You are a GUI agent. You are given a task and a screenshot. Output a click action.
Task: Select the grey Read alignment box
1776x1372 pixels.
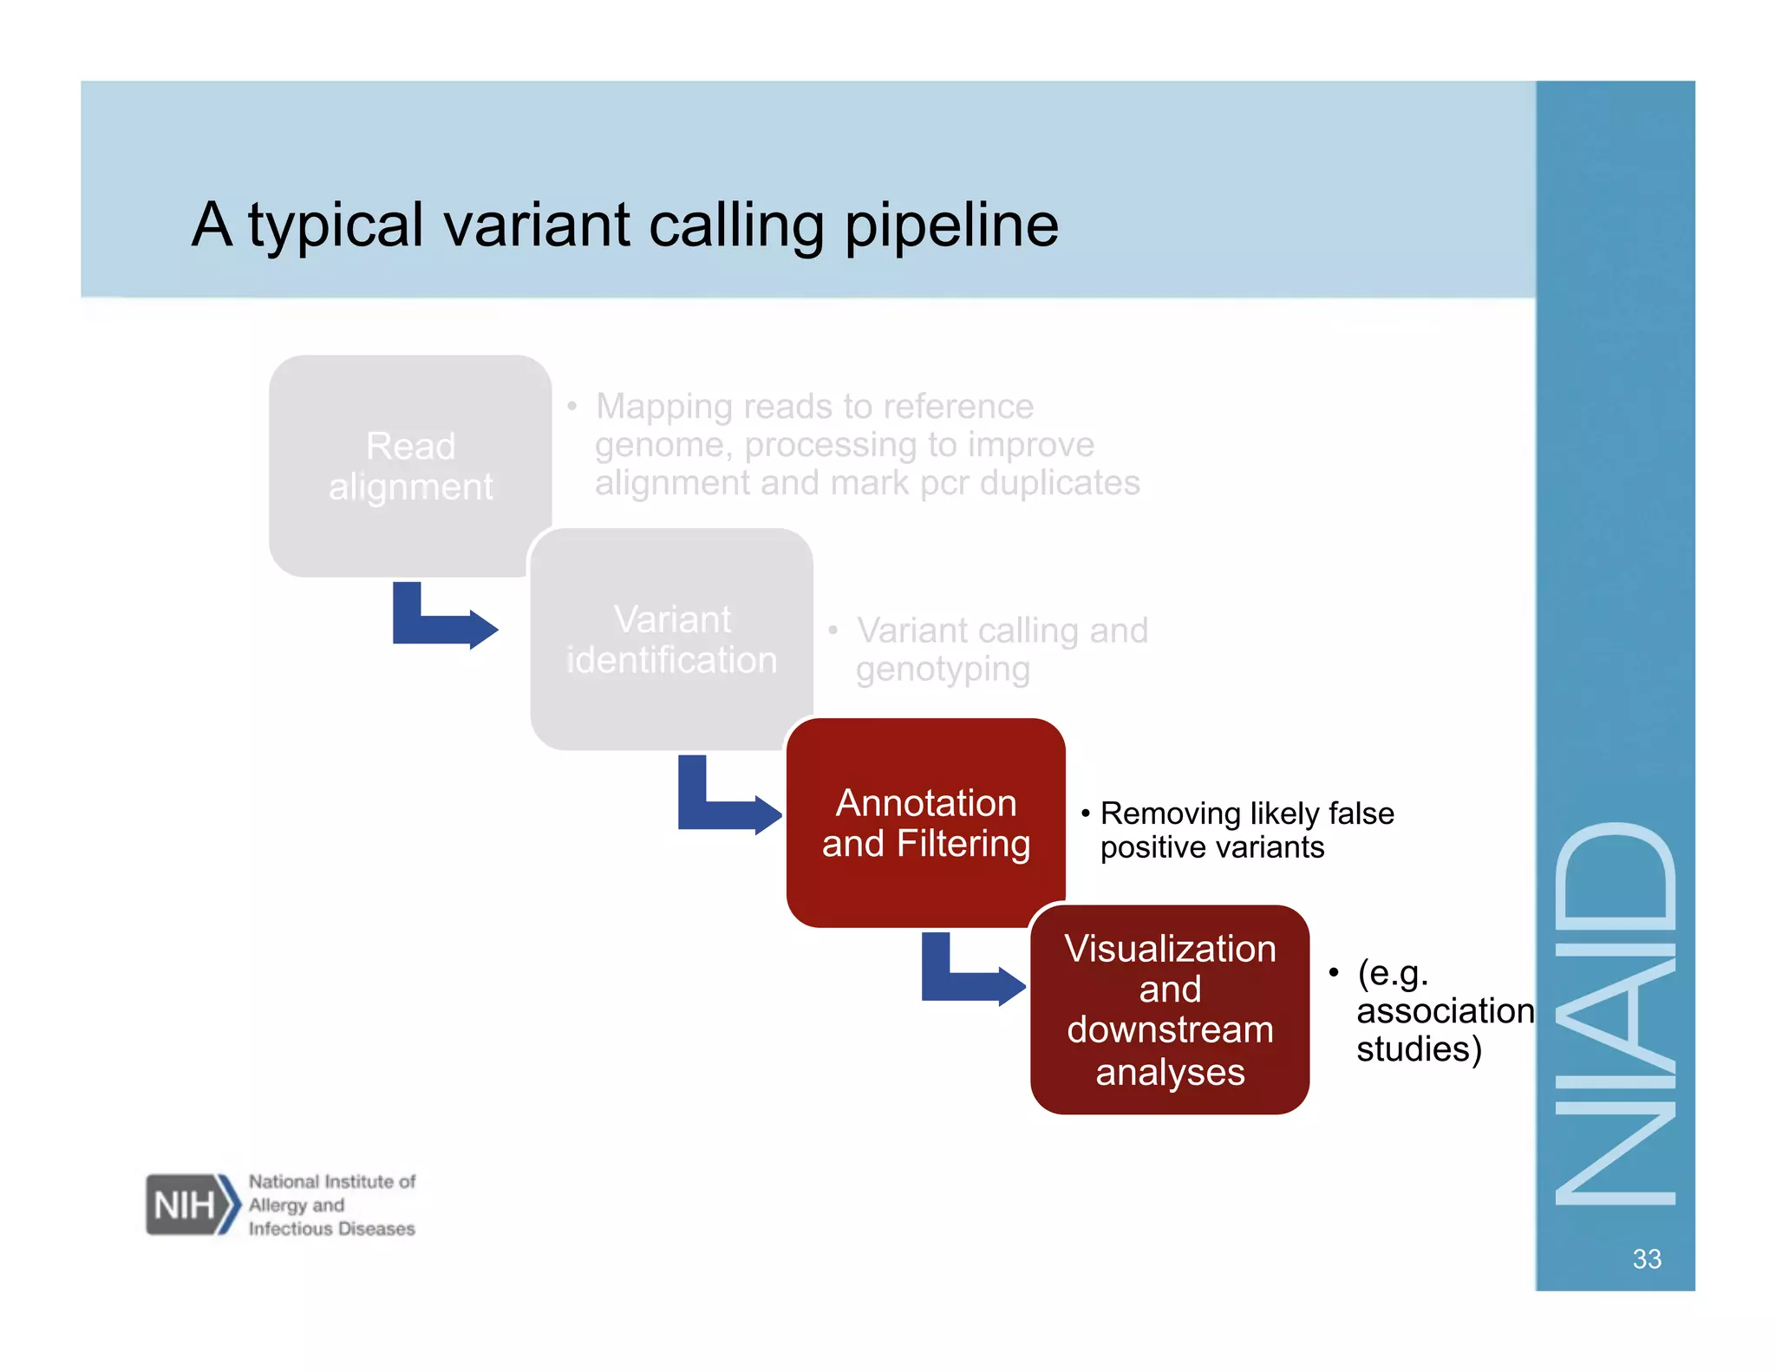point(410,466)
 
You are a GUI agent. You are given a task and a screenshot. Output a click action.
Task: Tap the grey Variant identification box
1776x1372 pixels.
point(671,639)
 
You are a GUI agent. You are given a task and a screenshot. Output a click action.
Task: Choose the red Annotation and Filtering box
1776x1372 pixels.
point(925,822)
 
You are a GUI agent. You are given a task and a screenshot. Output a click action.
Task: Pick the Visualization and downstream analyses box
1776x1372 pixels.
point(1169,1009)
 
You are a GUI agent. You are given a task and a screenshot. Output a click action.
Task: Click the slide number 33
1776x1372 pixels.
point(1646,1258)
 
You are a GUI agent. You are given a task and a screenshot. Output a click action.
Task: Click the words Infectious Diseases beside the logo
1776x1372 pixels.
point(331,1229)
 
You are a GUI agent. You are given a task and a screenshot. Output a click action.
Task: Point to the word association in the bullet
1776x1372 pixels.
point(1445,1011)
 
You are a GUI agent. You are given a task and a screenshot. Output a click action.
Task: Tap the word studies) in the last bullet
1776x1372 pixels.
point(1419,1049)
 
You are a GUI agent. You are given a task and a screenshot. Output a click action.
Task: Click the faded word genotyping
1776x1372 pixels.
point(943,670)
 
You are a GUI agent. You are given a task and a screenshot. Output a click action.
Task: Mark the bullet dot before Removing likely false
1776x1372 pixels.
point(1085,813)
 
